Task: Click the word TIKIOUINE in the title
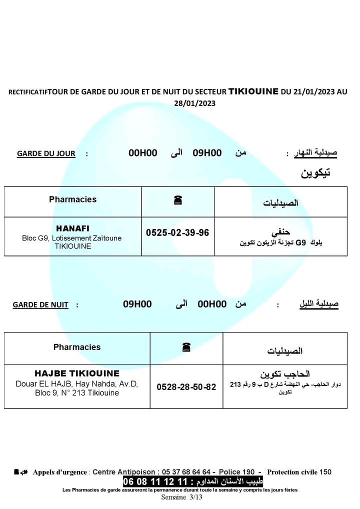coord(253,91)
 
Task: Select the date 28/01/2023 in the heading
coord(194,103)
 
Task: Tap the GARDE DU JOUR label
coord(46,154)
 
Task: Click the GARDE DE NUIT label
coord(40,304)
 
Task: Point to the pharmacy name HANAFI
coord(73,228)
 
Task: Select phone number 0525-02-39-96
coord(177,233)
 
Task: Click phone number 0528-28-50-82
coord(186,387)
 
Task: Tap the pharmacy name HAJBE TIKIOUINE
coord(77,373)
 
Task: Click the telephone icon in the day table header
coord(177,200)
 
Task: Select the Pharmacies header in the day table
coord(73,199)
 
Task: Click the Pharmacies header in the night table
coord(77,347)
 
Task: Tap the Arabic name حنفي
coord(280,232)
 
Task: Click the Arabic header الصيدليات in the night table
coord(285,351)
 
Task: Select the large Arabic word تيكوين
coord(315,173)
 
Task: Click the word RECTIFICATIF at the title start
coord(28,92)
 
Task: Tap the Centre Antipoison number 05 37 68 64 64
coord(186,472)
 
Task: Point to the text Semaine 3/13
coord(181,497)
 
